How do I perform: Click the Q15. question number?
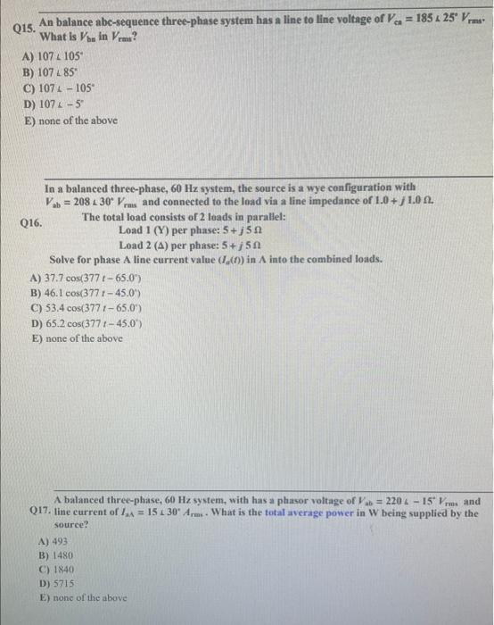tap(24, 29)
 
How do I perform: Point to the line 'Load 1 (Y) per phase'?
tap(181, 229)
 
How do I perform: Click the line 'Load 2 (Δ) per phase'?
tap(181, 244)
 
